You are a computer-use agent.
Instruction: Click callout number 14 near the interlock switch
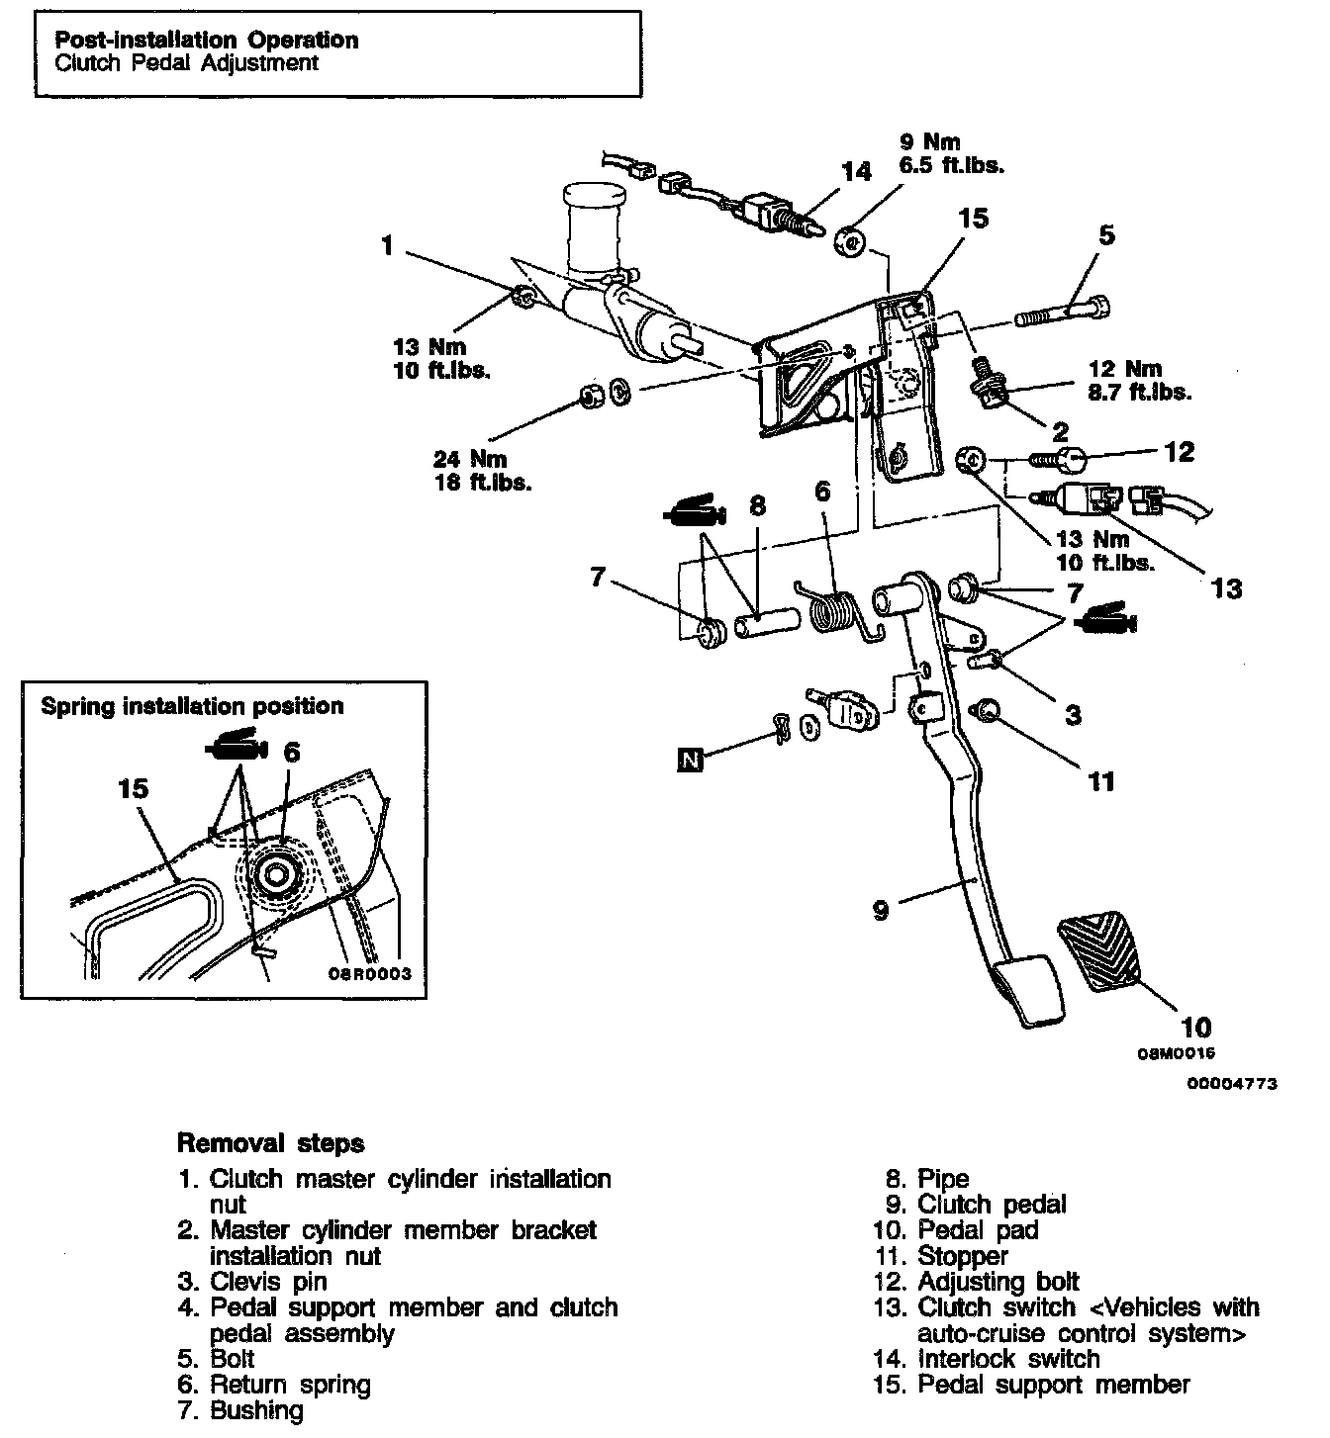[x=857, y=172]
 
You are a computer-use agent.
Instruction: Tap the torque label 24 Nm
[x=469, y=459]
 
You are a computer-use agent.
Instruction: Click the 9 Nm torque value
[x=929, y=142]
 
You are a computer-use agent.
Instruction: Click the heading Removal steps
[x=270, y=1144]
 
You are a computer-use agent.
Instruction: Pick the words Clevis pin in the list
[x=268, y=1282]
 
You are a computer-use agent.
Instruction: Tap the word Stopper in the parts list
[x=963, y=1256]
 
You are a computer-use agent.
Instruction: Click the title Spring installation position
[x=192, y=706]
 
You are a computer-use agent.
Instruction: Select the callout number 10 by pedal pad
[x=1195, y=1028]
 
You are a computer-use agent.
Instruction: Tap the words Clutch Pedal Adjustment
[x=187, y=63]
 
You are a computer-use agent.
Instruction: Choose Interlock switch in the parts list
[x=1008, y=1359]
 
